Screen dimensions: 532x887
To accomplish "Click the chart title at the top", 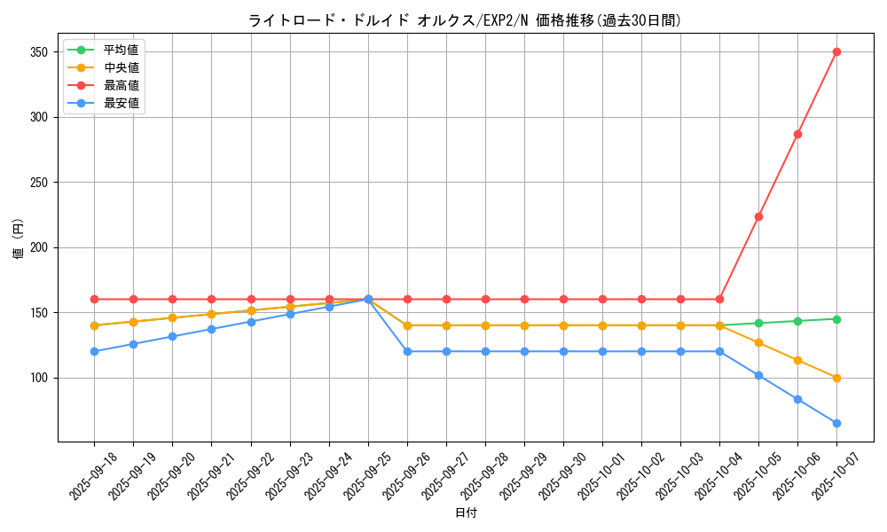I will [465, 20].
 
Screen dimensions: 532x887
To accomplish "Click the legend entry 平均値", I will [121, 50].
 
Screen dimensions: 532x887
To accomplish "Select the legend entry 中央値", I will [121, 67].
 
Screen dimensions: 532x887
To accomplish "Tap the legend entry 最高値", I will [121, 85].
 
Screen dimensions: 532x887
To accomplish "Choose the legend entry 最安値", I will [121, 103].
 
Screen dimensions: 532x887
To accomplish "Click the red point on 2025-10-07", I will [836, 51].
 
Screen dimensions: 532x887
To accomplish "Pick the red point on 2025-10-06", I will [797, 134].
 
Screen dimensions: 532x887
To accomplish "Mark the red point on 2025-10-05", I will [758, 216].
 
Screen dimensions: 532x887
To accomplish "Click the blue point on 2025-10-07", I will [836, 423].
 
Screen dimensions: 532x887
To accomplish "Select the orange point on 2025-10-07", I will [836, 378].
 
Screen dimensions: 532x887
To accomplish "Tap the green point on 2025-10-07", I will [836, 319].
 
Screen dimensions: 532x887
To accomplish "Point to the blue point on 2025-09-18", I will [94, 351].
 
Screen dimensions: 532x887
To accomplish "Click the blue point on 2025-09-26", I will [407, 351].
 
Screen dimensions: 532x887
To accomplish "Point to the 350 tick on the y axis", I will [40, 51].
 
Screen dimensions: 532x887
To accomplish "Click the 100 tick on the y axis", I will [40, 378].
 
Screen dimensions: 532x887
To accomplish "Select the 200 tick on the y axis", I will [40, 247].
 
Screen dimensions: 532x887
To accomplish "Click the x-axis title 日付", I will [466, 512].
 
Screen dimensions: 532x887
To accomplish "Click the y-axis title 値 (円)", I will [19, 239].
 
